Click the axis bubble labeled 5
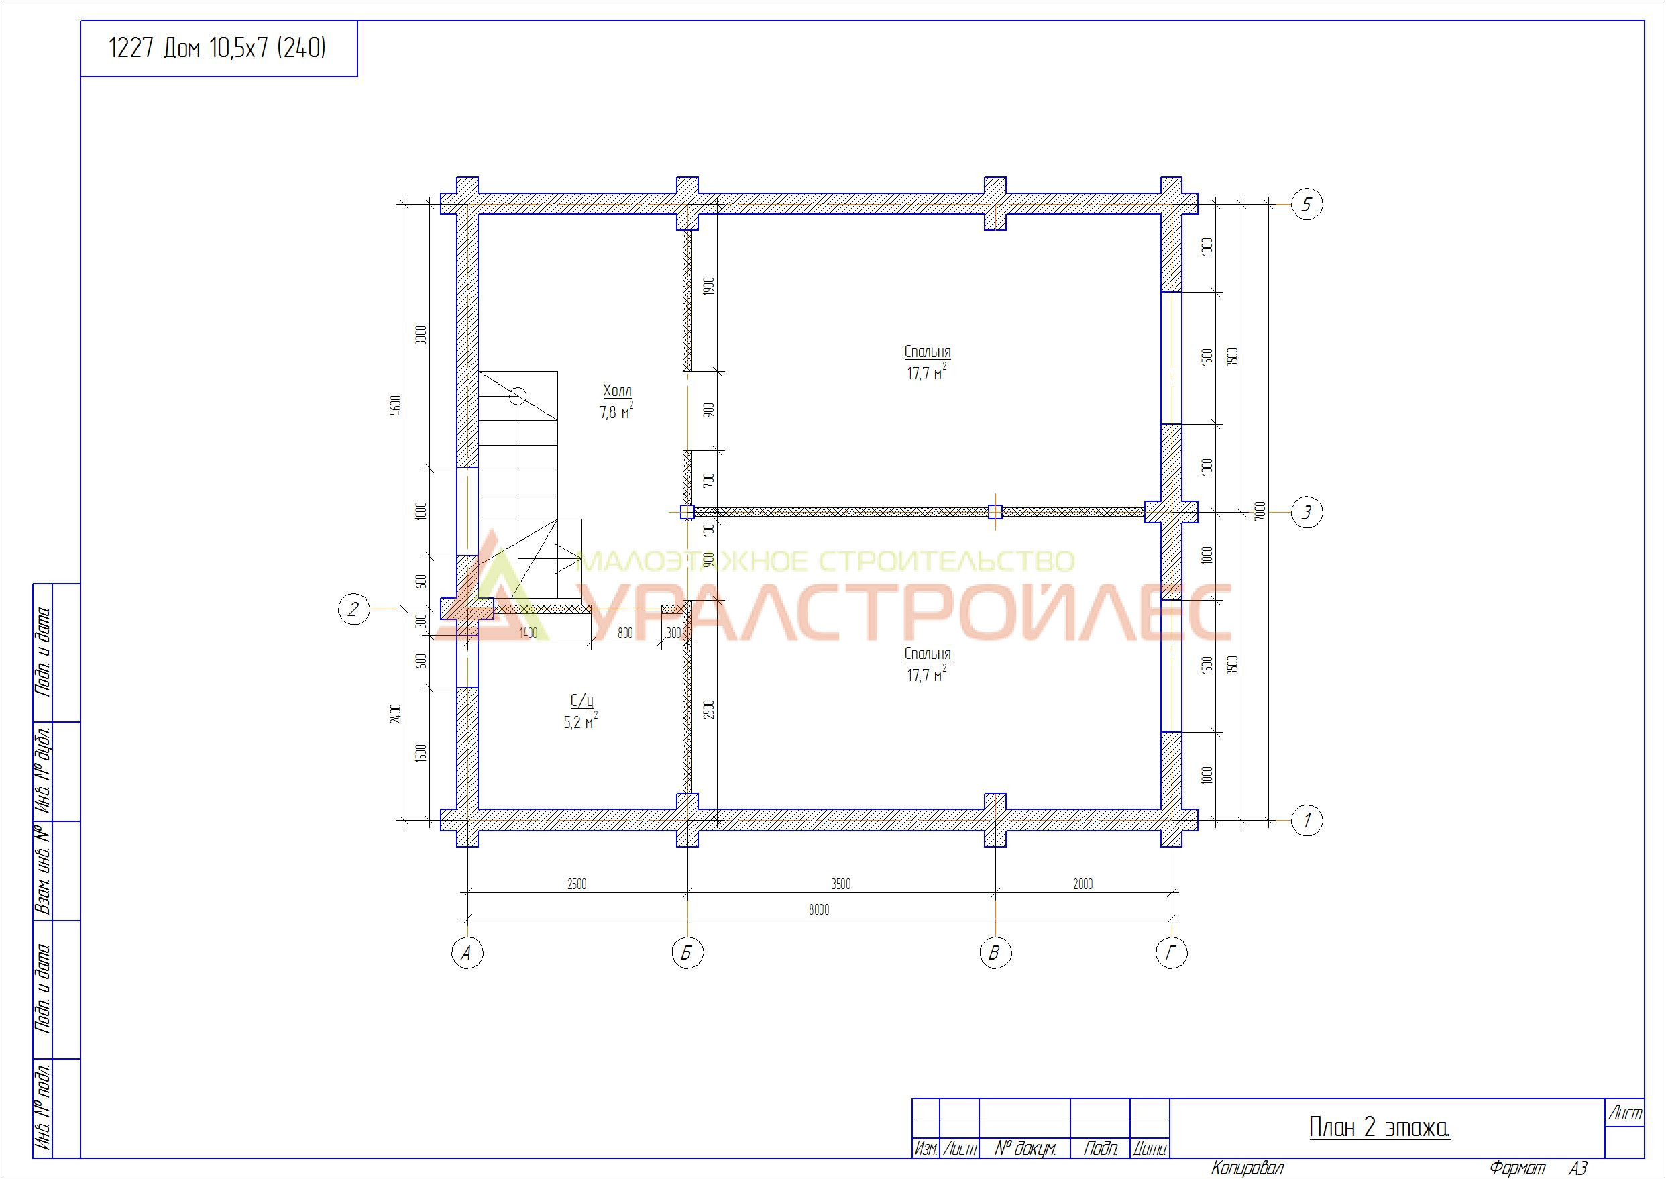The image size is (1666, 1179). (x=1307, y=205)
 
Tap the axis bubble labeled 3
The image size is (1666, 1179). (x=1307, y=513)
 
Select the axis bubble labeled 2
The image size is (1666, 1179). (x=354, y=609)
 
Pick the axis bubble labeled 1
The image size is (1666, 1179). (x=1307, y=821)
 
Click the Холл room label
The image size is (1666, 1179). (x=617, y=391)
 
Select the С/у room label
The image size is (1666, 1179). (x=582, y=701)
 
